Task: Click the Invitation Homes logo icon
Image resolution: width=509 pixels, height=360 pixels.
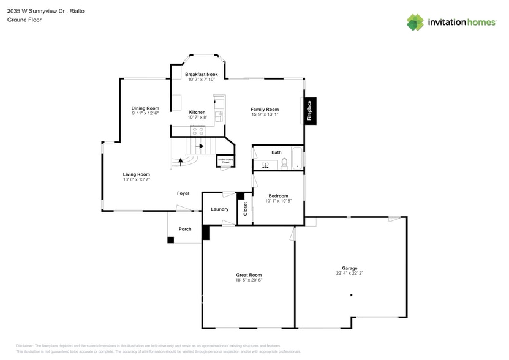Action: click(x=415, y=22)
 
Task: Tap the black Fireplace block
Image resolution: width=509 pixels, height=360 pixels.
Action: click(x=310, y=112)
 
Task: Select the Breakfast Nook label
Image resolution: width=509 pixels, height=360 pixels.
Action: click(x=202, y=74)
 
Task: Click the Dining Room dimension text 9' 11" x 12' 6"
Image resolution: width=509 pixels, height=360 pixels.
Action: click(x=145, y=113)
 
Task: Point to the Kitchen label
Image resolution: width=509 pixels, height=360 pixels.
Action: click(x=197, y=112)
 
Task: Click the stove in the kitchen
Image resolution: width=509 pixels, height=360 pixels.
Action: click(x=198, y=130)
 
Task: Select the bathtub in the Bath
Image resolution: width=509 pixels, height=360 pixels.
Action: click(x=297, y=158)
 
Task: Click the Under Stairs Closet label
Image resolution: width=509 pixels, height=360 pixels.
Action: click(x=225, y=161)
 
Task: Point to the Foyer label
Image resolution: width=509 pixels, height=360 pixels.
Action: click(x=183, y=193)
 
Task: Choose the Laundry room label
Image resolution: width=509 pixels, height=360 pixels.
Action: click(x=220, y=209)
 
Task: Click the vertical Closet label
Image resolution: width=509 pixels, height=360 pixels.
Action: click(x=246, y=209)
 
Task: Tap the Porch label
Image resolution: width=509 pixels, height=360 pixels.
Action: click(x=185, y=229)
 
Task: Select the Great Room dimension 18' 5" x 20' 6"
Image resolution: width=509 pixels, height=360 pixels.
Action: click(x=249, y=280)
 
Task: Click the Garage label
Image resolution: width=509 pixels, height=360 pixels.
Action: click(x=350, y=268)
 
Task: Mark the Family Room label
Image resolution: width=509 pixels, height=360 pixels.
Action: click(x=265, y=109)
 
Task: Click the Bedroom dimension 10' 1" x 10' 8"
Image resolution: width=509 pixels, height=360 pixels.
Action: click(x=278, y=201)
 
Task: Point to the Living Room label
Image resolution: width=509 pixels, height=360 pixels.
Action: click(x=136, y=174)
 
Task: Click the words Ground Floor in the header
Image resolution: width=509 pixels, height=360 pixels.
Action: click(x=21, y=20)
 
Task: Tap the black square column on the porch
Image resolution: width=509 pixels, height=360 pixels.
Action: click(x=170, y=239)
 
